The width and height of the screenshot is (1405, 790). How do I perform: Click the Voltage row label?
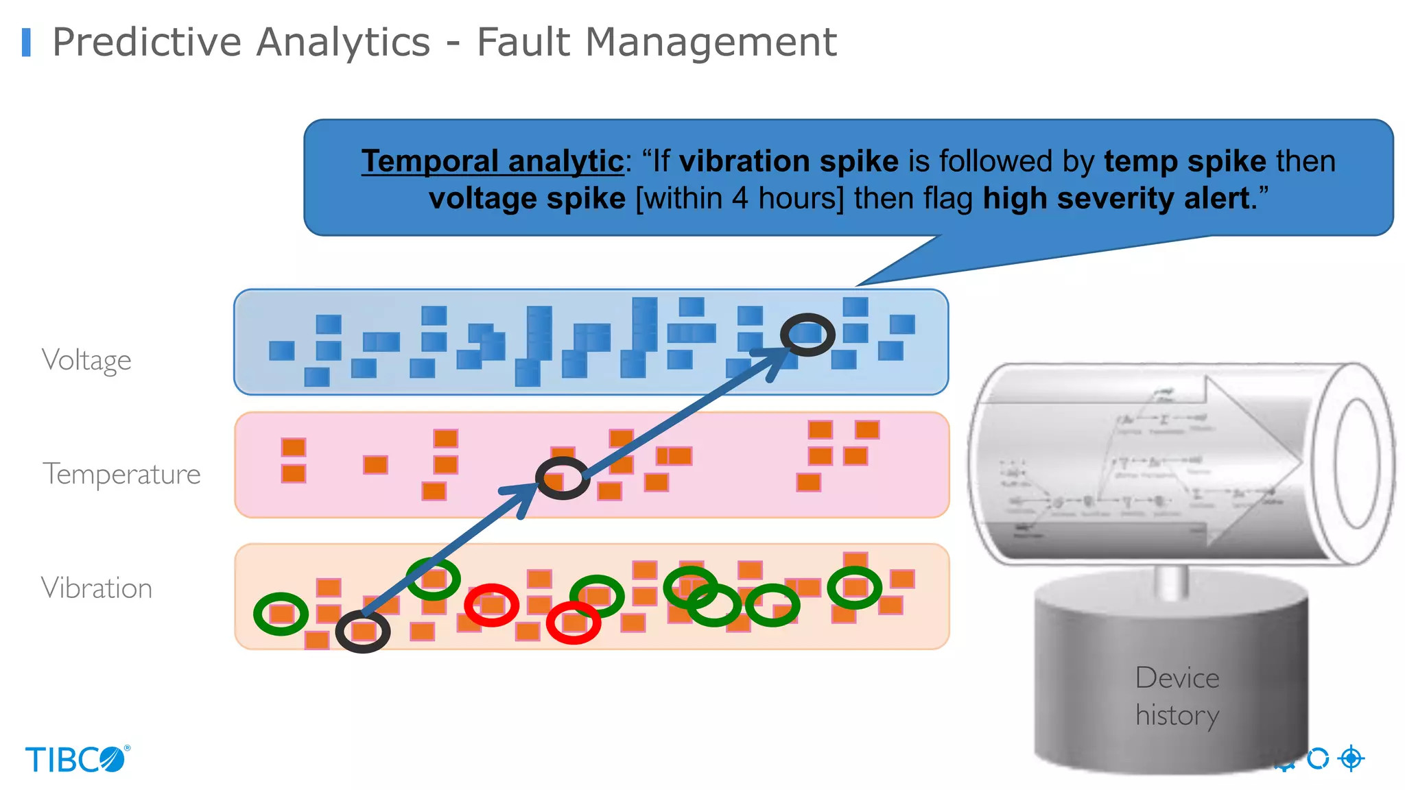coord(86,359)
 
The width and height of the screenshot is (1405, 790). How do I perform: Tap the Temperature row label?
coord(121,474)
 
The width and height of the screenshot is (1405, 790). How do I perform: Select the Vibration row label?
coord(96,588)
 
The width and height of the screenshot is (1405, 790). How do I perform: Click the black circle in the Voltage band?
coord(807,334)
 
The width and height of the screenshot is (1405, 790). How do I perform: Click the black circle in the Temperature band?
coord(563,478)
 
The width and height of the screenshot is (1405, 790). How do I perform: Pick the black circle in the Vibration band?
coord(363,632)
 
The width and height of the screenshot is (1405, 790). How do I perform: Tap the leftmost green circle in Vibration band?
coord(281,614)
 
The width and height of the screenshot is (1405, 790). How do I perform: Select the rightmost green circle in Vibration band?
coord(854,588)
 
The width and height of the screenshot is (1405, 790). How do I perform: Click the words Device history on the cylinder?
coord(1177,696)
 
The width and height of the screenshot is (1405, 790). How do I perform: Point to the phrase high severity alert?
coord(1116,199)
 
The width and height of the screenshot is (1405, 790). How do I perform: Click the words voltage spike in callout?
coord(527,199)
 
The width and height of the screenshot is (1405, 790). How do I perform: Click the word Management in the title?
coord(711,42)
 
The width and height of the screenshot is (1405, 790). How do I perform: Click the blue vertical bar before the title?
coord(27,42)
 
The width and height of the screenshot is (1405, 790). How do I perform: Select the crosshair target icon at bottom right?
coord(1351,758)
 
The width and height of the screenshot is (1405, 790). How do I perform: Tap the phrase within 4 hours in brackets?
coord(740,199)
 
